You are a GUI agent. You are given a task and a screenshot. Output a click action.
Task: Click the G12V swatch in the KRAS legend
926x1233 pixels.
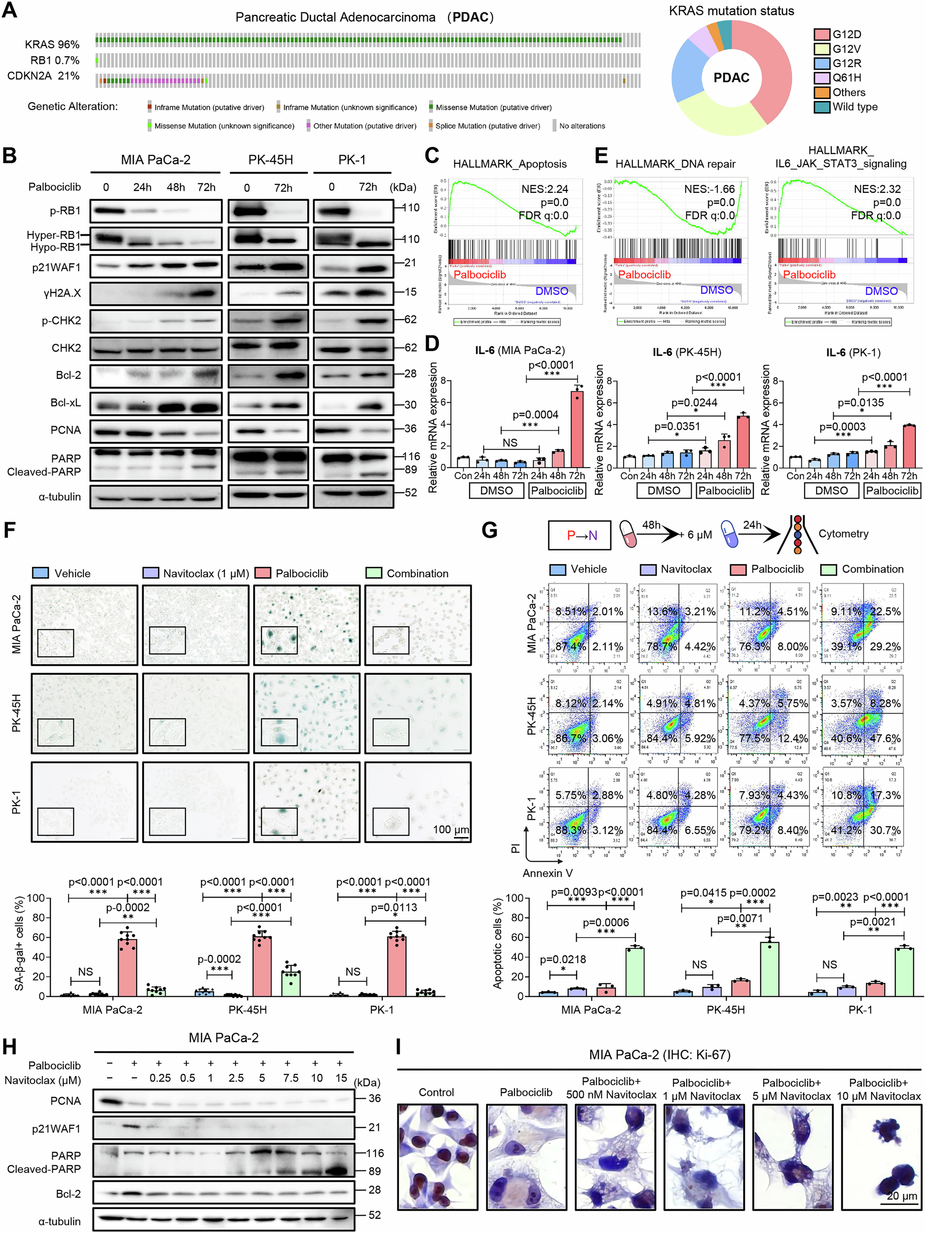[x=822, y=49]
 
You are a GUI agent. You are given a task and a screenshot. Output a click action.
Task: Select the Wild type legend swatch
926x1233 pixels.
[x=822, y=107]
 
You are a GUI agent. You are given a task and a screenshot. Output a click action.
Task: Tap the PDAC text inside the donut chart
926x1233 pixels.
[x=732, y=78]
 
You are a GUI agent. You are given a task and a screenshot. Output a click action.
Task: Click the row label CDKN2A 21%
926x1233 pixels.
[x=43, y=76]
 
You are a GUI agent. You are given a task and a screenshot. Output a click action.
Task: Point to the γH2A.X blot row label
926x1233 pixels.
[x=62, y=292]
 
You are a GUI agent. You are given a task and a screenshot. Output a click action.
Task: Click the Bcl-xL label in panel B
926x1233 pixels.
[x=65, y=402]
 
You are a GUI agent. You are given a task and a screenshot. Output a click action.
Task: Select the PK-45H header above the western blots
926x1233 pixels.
[x=270, y=160]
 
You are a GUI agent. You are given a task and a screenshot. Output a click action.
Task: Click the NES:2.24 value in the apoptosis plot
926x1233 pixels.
[x=545, y=189]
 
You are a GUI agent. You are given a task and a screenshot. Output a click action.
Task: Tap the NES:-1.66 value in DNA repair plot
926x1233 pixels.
[x=709, y=189]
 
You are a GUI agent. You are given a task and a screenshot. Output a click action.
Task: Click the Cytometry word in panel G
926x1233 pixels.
[x=843, y=534]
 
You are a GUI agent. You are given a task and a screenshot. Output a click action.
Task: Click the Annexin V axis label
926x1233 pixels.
[x=547, y=873]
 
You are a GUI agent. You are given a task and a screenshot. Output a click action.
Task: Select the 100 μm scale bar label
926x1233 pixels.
[x=451, y=830]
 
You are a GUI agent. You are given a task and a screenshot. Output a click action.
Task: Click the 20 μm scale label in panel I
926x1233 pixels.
[x=901, y=1196]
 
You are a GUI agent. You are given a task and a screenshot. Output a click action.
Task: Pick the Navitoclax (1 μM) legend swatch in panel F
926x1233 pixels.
[x=150, y=573]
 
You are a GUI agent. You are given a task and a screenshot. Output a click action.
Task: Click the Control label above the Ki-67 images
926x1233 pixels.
[x=436, y=1092]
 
